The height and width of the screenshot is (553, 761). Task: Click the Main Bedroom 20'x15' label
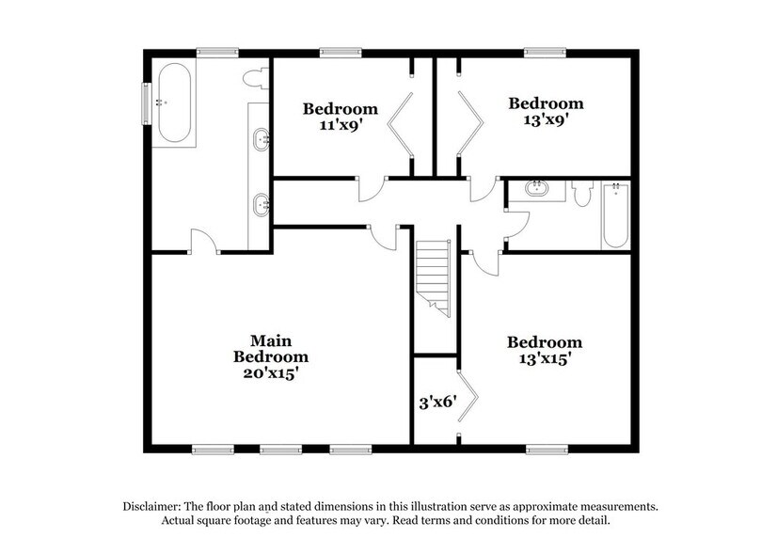click(x=278, y=357)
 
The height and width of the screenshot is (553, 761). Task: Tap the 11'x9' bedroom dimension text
click(x=340, y=127)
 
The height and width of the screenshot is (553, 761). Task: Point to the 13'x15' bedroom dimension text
click(x=544, y=359)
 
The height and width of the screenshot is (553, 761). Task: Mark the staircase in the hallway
click(x=434, y=276)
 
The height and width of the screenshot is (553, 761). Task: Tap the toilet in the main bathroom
click(x=253, y=78)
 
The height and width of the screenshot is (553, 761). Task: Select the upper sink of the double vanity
click(x=261, y=142)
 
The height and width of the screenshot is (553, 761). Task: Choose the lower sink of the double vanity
click(x=261, y=200)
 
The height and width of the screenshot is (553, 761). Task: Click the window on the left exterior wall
click(x=145, y=103)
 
